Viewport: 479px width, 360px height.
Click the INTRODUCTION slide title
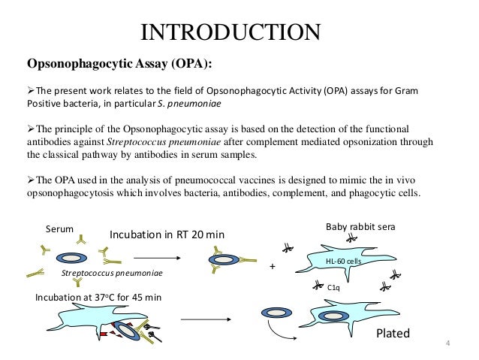click(232, 32)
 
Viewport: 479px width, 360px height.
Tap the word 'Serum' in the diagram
click(59, 228)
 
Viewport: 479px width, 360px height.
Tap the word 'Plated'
click(393, 333)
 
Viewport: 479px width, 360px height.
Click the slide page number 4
click(447, 345)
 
